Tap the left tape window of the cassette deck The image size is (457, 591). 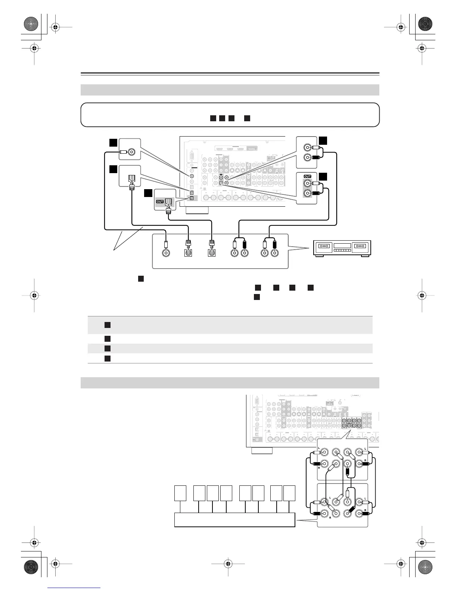pyautogui.click(x=323, y=247)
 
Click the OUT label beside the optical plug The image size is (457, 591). pyautogui.click(x=160, y=201)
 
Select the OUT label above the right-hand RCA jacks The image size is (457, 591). pyautogui.click(x=307, y=176)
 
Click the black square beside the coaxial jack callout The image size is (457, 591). pyautogui.click(x=114, y=143)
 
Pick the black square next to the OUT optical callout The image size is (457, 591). pyautogui.click(x=149, y=193)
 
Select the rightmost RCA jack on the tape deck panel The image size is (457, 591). pyautogui.click(x=275, y=253)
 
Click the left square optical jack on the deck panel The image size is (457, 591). pyautogui.click(x=189, y=253)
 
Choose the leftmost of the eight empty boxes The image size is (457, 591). pyautogui.click(x=180, y=493)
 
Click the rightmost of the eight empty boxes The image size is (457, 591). pyautogui.click(x=289, y=493)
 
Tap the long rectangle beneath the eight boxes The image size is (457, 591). pyautogui.click(x=234, y=520)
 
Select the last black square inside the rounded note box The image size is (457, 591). pyautogui.click(x=246, y=118)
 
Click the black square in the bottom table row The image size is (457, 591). pyautogui.click(x=107, y=358)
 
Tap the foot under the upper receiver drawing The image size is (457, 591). pyautogui.click(x=197, y=210)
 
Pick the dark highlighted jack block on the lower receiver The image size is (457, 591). pyautogui.click(x=352, y=423)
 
